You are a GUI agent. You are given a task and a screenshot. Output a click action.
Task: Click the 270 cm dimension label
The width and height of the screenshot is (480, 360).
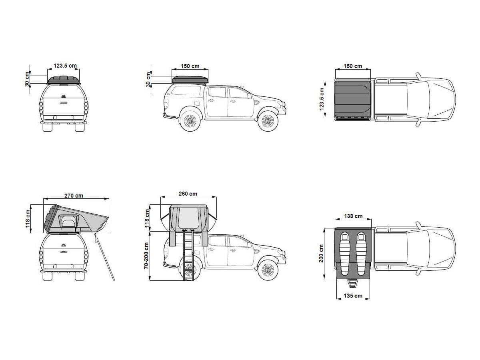(x=74, y=196)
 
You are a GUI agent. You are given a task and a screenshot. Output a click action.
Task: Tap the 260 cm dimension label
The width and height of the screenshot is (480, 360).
(x=188, y=194)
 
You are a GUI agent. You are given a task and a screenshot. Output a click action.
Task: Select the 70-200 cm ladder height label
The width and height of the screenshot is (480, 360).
(x=146, y=256)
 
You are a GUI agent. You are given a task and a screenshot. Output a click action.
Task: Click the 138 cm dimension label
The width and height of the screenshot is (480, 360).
(x=353, y=216)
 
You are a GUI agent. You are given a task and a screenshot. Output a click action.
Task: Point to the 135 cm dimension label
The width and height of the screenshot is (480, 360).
(x=353, y=296)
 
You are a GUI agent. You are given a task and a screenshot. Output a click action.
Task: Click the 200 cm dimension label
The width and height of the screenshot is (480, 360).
(x=321, y=253)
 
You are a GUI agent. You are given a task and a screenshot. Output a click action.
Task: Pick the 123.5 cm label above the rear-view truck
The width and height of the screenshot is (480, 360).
(x=65, y=66)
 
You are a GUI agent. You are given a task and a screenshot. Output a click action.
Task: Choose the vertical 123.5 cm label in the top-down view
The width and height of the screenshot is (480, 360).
(x=321, y=99)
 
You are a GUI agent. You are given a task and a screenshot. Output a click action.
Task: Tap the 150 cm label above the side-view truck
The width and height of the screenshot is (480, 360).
(x=190, y=66)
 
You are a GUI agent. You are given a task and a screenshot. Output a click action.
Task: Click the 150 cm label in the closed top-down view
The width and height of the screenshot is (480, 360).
(x=353, y=66)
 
